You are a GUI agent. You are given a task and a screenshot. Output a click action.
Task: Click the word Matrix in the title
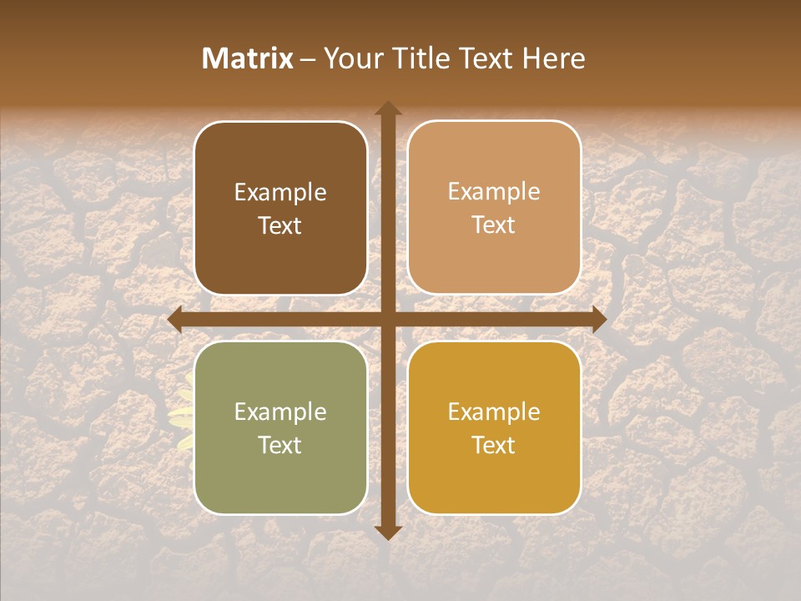[248, 58]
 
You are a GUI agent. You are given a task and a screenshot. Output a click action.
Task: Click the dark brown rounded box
[280, 208]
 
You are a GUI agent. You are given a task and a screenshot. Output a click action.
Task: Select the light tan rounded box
[494, 208]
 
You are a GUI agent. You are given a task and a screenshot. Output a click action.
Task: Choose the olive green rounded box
[280, 427]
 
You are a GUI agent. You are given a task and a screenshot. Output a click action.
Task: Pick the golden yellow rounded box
[494, 427]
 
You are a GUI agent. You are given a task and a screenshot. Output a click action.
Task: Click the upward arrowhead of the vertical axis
[387, 109]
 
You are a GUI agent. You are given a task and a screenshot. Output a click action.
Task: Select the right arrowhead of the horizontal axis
[598, 320]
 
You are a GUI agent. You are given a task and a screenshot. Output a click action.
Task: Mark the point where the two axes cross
[387, 320]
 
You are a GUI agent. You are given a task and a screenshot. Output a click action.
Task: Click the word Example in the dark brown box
[280, 193]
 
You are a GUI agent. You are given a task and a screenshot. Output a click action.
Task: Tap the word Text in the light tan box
[494, 225]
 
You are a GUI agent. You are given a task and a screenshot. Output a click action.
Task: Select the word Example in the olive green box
[280, 412]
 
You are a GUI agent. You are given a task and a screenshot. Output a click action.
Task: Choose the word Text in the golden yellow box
[494, 445]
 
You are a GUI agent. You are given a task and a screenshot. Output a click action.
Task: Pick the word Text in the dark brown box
[280, 225]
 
